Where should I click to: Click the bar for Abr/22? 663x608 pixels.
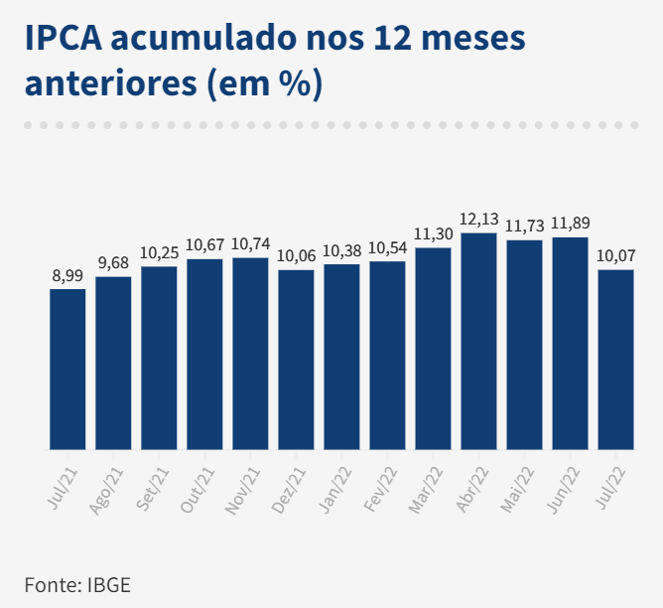(478, 341)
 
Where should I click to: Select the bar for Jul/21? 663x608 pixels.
(67, 369)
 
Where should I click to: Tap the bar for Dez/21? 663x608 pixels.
(296, 359)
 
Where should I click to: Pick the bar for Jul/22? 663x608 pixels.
(615, 359)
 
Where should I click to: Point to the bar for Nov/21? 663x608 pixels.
(250, 353)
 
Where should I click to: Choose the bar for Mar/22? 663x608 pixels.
(433, 348)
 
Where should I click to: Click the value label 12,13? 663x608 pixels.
(478, 219)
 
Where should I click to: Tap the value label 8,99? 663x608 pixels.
(67, 275)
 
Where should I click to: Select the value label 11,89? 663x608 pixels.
(570, 222)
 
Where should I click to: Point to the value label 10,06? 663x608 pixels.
(296, 255)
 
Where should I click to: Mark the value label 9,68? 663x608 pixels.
(113, 262)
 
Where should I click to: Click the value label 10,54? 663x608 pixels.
(387, 247)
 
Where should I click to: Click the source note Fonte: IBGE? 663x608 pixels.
(77, 584)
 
